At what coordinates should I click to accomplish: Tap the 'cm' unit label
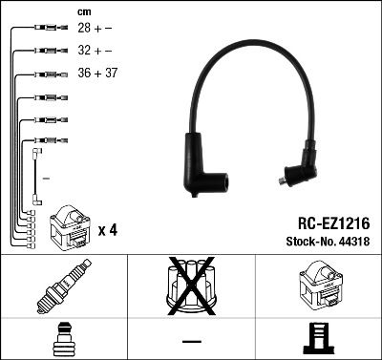84,11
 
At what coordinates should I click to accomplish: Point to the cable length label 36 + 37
98,74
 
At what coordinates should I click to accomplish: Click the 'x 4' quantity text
108,229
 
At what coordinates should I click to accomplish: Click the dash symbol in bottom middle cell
191,341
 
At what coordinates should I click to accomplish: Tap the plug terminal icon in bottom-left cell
63,340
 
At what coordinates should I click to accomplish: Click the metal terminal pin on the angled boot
283,178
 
